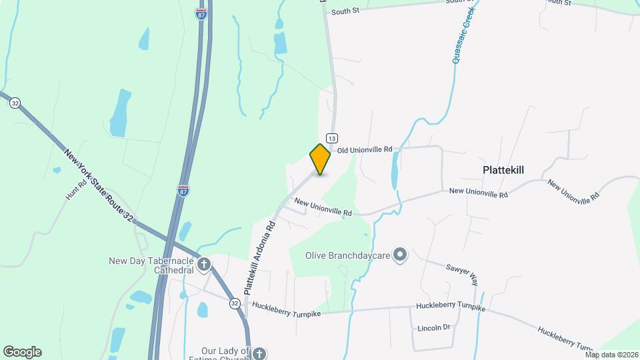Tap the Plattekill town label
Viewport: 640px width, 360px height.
503,170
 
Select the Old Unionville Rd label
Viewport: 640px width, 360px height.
364,151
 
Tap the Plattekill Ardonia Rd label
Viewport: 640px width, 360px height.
259,258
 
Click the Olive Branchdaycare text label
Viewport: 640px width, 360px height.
347,255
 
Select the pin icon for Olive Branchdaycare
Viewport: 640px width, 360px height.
400,254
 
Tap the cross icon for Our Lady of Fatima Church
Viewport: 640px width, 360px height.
259,353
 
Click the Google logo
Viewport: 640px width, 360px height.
22,352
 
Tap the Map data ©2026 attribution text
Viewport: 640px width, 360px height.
611,355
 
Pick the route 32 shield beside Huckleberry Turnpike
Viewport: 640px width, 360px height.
235,303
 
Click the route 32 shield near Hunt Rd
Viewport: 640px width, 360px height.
15,103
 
